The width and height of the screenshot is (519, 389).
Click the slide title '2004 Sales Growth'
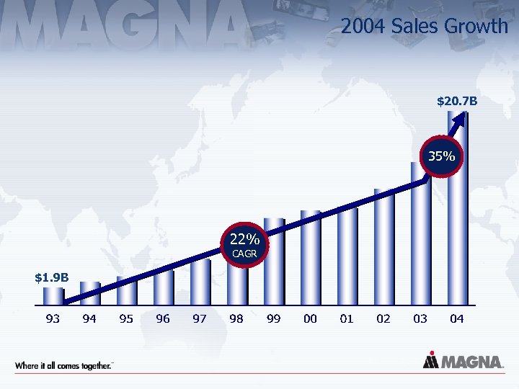[x=424, y=27]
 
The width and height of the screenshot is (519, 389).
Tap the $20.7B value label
[x=457, y=103]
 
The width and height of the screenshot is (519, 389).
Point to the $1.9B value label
[x=53, y=277]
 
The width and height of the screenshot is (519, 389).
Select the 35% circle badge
[x=441, y=156]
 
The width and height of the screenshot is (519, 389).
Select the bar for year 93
[x=53, y=296]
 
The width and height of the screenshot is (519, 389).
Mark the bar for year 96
[x=164, y=287]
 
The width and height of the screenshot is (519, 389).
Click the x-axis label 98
[x=236, y=318]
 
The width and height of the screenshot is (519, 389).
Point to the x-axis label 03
[x=420, y=318]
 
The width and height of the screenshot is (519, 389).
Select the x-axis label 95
[x=126, y=318]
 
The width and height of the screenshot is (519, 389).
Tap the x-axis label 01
[x=347, y=318]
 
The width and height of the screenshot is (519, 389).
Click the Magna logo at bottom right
[x=463, y=362]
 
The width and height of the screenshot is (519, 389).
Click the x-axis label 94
[x=89, y=318]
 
